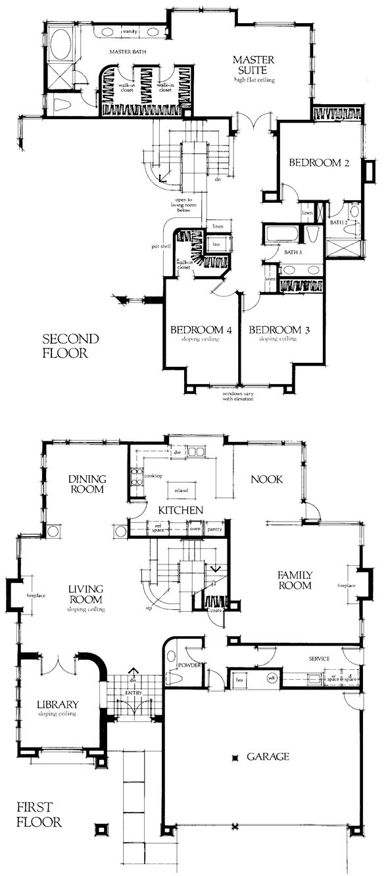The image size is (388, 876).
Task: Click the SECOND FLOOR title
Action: point(70,346)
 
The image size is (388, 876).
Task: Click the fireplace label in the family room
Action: point(346,585)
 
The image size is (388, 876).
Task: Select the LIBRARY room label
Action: point(58,704)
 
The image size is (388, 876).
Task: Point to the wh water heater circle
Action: point(272,678)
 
